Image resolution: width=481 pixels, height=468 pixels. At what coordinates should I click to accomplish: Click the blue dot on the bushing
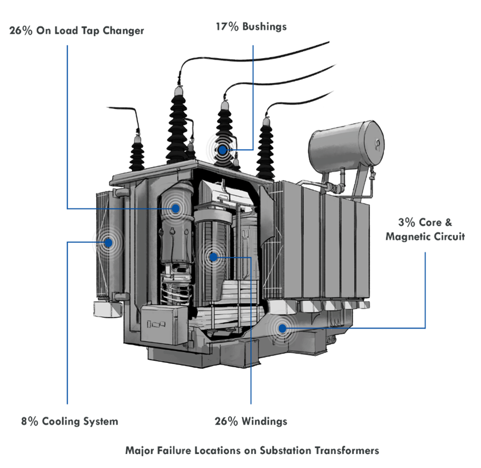(223, 150)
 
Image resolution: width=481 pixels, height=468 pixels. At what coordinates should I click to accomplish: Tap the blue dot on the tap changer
(175, 208)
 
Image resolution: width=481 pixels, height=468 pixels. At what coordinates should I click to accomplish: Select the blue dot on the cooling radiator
(108, 242)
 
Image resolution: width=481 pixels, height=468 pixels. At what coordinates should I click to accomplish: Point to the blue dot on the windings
(213, 257)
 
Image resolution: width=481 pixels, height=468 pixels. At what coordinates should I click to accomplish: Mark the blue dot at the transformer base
(282, 329)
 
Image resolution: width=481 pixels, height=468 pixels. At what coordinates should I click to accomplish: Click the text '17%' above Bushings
(227, 27)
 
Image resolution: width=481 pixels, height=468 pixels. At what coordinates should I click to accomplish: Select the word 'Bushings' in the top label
(264, 27)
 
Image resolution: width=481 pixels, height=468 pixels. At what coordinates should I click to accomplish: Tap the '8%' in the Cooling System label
(29, 421)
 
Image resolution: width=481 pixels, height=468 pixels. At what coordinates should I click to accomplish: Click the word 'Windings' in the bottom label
(264, 421)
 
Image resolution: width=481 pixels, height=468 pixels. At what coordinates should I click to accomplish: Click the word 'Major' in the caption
(140, 451)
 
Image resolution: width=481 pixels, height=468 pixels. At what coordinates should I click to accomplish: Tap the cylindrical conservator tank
(346, 146)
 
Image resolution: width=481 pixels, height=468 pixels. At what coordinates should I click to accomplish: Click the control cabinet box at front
(164, 324)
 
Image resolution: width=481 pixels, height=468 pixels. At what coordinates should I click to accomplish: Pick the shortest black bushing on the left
(137, 153)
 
